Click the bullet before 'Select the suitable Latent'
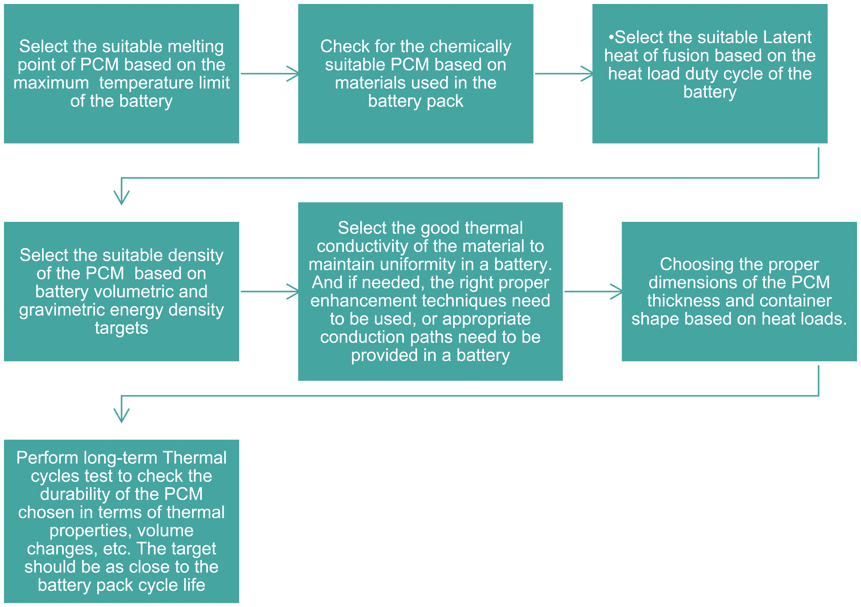tap(611, 37)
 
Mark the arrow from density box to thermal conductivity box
tap(270, 291)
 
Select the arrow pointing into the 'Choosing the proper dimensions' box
tap(593, 291)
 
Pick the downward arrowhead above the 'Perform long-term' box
tap(122, 416)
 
